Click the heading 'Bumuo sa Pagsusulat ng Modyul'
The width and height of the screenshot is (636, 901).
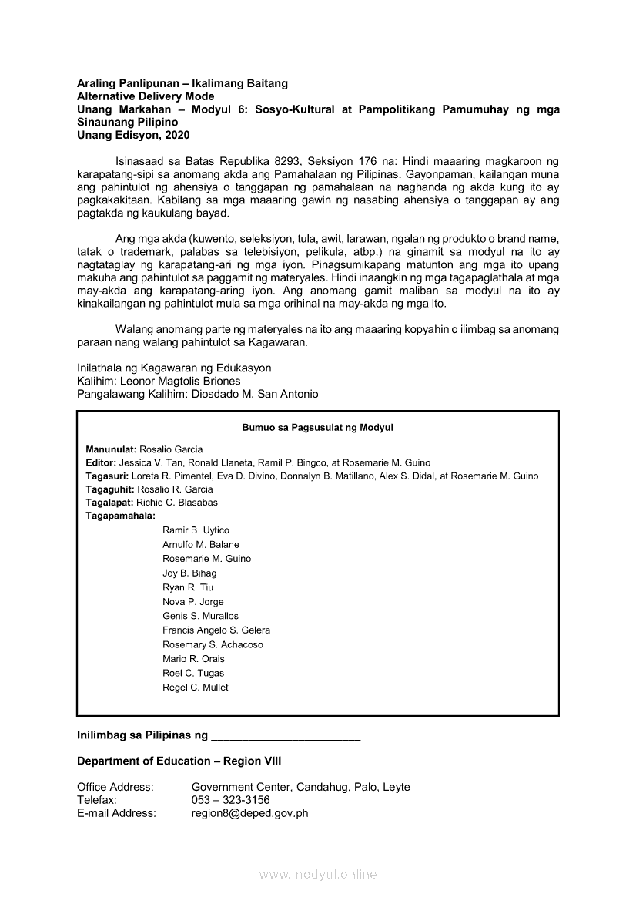coord(317,427)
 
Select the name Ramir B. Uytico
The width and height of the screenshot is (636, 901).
coord(196,530)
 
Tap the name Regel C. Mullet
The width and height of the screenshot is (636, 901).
coord(195,688)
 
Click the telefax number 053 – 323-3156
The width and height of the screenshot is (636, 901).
coord(230,800)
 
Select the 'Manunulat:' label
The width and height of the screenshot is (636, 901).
coord(111,449)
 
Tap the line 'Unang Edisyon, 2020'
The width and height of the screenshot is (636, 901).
coord(132,135)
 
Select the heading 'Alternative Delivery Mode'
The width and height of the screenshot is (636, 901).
coord(146,96)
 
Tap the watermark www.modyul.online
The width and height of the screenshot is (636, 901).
coord(317,875)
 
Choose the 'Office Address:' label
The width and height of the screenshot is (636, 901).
coord(115,787)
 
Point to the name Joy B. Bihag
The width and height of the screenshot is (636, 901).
coord(189,573)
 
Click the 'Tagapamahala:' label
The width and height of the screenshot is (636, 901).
coord(120,516)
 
